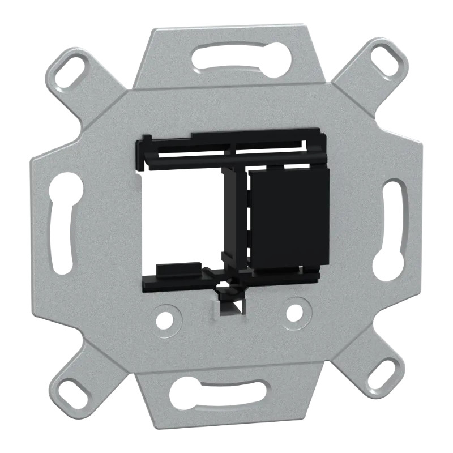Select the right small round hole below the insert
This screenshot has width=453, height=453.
(x=294, y=311)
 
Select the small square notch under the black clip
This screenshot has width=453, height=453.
(x=229, y=309)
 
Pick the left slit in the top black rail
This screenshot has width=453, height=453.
(x=193, y=152)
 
